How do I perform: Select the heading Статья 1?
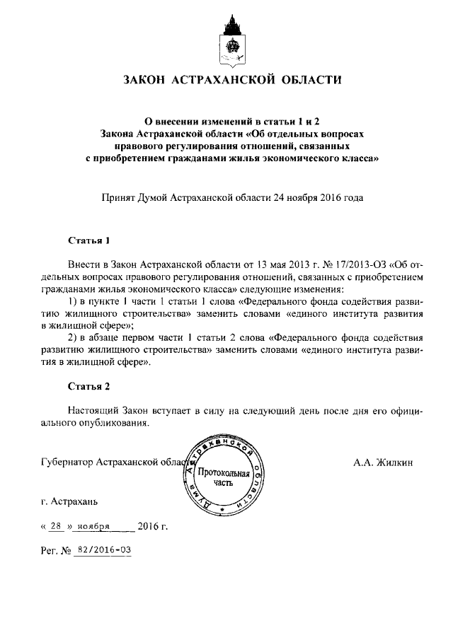(89, 240)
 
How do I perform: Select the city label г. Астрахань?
(69, 502)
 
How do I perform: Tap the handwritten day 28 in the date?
(57, 527)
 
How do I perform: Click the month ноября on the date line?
(93, 527)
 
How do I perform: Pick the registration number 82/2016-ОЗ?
(104, 549)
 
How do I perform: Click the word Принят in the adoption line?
(120, 199)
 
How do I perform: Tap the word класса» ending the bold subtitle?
(361, 159)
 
